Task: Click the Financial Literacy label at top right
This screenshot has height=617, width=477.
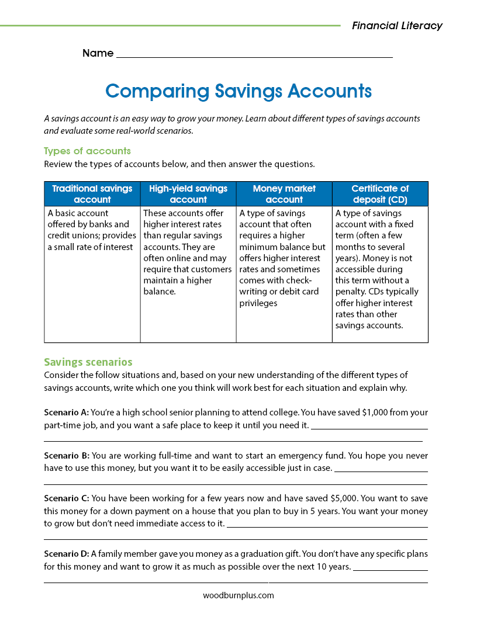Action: pyautogui.click(x=397, y=26)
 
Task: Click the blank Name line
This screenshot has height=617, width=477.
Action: pyautogui.click(x=254, y=54)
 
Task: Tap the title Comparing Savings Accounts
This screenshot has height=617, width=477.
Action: pyautogui.click(x=238, y=91)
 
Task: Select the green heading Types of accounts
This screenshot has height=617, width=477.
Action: pyautogui.click(x=87, y=151)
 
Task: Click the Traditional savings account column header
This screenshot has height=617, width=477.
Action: pyautogui.click(x=92, y=194)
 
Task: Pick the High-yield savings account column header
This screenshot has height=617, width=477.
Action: pyautogui.click(x=188, y=194)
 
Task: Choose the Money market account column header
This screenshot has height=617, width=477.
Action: pyautogui.click(x=284, y=194)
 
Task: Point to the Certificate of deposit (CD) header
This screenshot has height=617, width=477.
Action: pyautogui.click(x=380, y=194)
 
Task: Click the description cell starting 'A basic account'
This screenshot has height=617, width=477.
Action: pyautogui.click(x=92, y=230)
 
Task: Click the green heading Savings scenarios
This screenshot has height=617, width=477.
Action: pyautogui.click(x=88, y=362)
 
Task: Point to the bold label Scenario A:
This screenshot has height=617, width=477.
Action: pyautogui.click(x=66, y=412)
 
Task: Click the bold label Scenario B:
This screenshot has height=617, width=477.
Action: pyautogui.click(x=66, y=455)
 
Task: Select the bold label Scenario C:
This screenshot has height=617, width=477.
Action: pyautogui.click(x=66, y=498)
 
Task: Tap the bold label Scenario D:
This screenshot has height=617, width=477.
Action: pyautogui.click(x=66, y=553)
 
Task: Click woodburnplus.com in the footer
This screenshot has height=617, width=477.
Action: pyautogui.click(x=238, y=595)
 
